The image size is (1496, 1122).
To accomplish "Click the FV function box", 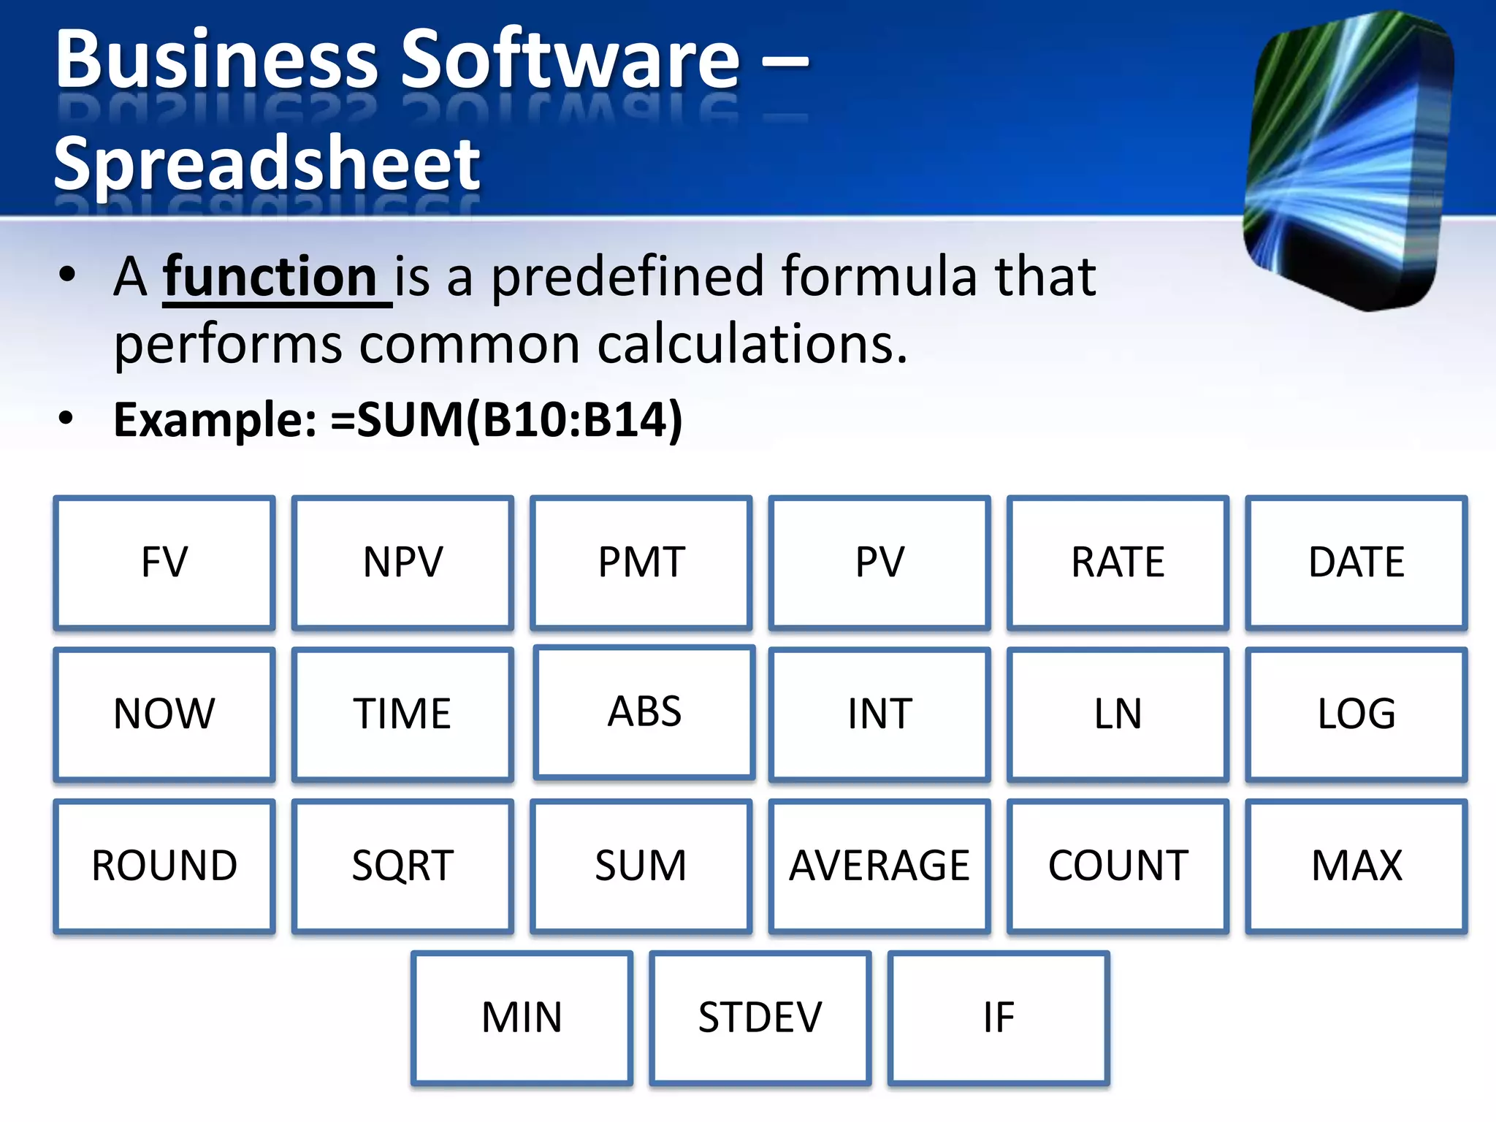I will click(164, 562).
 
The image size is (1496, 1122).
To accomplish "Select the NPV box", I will click(402, 562).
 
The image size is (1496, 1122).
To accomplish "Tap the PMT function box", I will click(641, 562).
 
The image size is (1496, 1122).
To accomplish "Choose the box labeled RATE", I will click(1118, 562).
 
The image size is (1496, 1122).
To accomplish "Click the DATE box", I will click(1356, 562).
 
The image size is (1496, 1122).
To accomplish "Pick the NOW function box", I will click(164, 714).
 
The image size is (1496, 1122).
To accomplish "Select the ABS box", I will click(644, 711).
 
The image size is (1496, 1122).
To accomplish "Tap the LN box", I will click(1118, 714).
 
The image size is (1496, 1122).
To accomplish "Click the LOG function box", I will click(1356, 714).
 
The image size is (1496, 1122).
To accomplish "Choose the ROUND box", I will click(164, 866).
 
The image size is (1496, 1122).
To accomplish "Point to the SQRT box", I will click(402, 866).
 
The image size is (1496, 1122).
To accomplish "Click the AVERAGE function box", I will click(879, 866).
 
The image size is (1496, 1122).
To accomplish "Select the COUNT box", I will click(1118, 866).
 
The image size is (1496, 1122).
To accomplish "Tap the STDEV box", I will click(760, 1017).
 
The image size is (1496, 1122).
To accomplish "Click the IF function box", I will click(999, 1017).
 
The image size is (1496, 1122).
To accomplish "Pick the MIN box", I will click(522, 1017).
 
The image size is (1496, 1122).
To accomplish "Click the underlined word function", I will click(270, 278).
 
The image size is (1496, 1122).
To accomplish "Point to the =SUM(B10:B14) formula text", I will click(506, 420).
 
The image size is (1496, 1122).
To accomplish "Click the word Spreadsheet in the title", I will click(267, 164).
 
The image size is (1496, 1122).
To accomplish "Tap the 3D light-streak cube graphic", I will click(1348, 161).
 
